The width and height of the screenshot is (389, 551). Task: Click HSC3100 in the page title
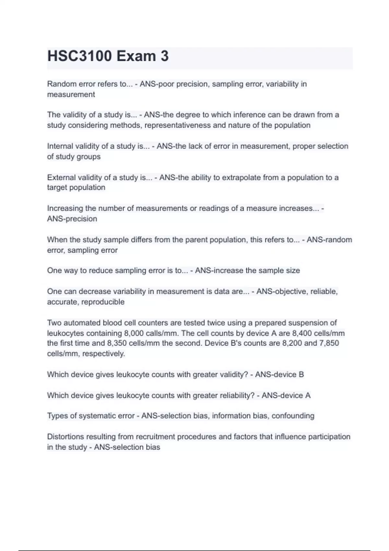(x=80, y=56)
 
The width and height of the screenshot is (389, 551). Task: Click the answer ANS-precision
(x=72, y=219)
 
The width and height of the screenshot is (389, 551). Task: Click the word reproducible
(x=103, y=302)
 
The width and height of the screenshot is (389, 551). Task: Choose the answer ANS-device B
(x=279, y=375)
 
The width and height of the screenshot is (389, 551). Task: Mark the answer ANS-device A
(x=286, y=395)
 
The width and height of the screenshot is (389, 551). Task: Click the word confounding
(x=293, y=416)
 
